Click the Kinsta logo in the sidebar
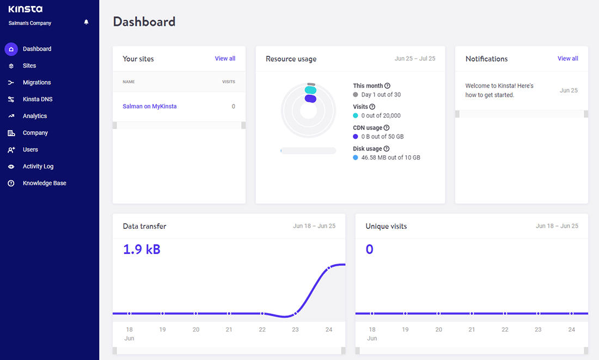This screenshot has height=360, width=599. (x=26, y=9)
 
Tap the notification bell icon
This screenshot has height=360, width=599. (x=86, y=22)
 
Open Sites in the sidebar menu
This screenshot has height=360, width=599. (x=29, y=66)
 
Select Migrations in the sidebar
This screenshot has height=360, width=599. (x=36, y=83)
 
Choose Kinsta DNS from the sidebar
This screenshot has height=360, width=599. (x=38, y=100)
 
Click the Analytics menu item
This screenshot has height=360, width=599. (x=35, y=116)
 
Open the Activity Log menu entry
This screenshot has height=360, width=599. (x=38, y=167)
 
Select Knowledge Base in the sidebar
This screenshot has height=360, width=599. (x=44, y=184)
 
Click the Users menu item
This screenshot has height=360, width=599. (x=30, y=150)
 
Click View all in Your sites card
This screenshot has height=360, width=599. (x=225, y=59)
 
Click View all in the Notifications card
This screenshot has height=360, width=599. (x=567, y=59)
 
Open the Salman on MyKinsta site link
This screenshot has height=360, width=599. (x=150, y=107)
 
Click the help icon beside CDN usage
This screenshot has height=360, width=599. (x=387, y=128)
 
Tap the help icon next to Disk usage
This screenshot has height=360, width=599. (x=387, y=149)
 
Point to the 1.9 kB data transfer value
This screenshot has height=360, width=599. (x=142, y=249)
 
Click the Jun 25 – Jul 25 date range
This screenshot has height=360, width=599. (x=414, y=59)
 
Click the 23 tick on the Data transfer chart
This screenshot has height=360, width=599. (x=296, y=330)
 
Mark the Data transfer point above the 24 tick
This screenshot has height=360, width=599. (x=329, y=268)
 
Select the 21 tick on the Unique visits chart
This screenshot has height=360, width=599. (x=472, y=330)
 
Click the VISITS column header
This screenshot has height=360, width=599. (x=228, y=82)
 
